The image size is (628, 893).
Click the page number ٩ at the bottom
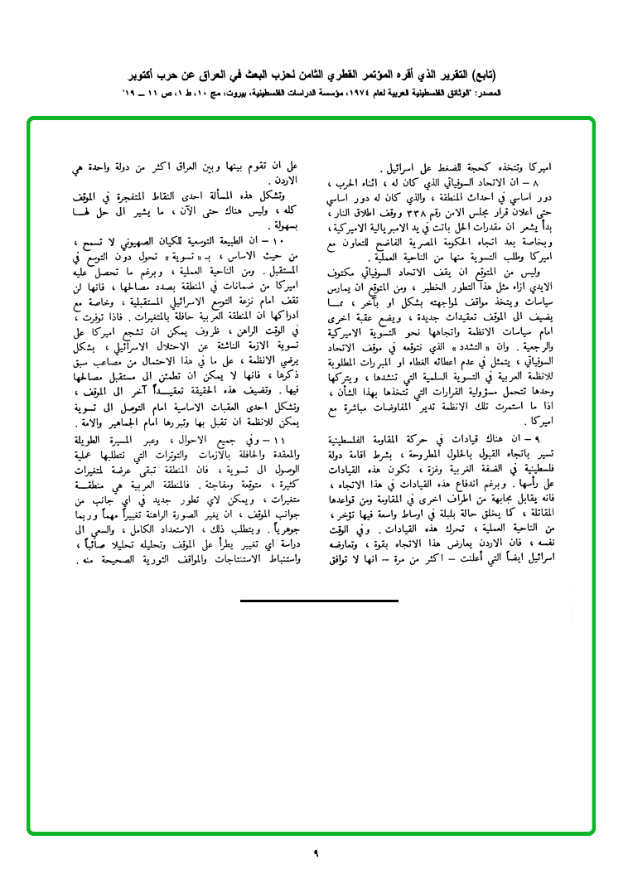pos(316,853)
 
